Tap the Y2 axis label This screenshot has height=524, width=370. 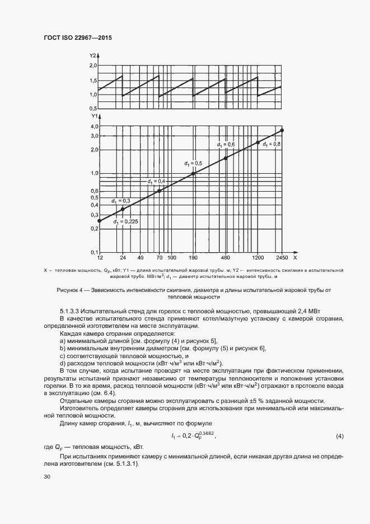pos(93,55)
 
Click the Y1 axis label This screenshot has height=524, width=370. pos(93,117)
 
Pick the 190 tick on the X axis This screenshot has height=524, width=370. pos(194,258)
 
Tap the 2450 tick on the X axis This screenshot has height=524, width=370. pos(281,258)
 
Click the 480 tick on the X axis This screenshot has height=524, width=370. pos(226,258)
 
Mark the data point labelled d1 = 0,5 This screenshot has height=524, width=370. pos(194,174)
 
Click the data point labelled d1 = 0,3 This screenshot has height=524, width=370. pos(122,209)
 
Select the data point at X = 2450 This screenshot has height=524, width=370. pos(282,130)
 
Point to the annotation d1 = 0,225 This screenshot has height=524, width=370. pos(125,222)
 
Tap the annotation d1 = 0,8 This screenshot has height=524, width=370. pos(272,145)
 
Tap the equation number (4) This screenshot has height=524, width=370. pos(339,436)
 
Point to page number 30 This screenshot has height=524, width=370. pos(46,476)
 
